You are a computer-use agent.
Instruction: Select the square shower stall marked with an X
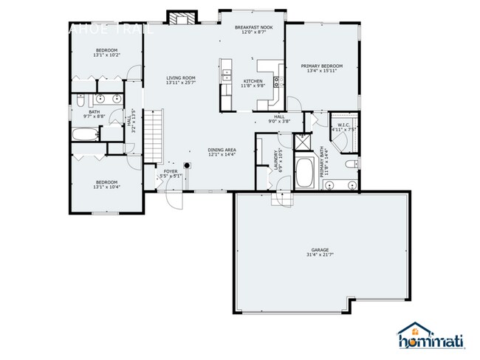pyautogui.click(x=302, y=142)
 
